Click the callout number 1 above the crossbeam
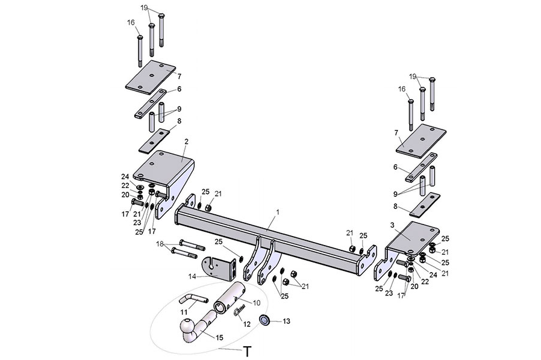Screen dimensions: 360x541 [x=278, y=213]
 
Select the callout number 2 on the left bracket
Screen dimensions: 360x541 [x=186, y=141]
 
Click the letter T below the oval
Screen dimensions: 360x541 [x=246, y=352]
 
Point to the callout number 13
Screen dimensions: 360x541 [x=286, y=321]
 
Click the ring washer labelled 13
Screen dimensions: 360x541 [x=264, y=319]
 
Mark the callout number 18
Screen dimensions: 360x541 [x=160, y=244]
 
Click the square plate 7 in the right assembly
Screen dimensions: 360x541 [x=421, y=140]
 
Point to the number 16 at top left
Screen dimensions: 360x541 [x=131, y=22]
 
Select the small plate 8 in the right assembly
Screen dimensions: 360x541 [x=425, y=205]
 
